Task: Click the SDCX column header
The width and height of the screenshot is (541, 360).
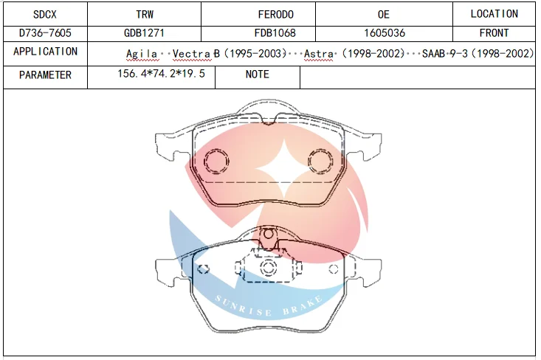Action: pos(45,14)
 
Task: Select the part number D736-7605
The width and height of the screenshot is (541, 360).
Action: pos(45,32)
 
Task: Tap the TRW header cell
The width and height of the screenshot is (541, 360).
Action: pos(144,14)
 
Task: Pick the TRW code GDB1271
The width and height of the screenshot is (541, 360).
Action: pos(144,32)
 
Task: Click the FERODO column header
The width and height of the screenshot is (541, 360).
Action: pos(275,14)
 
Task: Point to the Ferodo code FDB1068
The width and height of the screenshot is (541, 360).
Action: pos(275,32)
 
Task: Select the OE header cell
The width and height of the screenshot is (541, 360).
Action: pos(384,14)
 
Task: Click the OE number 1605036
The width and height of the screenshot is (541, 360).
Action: pos(384,32)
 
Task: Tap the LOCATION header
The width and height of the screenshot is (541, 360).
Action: pos(494,14)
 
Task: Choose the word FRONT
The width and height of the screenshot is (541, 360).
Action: pos(494,32)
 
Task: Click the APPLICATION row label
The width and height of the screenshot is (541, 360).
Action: pos(45,52)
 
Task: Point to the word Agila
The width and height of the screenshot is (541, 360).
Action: pos(142,54)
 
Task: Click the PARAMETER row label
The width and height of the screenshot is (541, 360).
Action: pos(45,75)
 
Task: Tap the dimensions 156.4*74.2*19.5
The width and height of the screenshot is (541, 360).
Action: pos(161,75)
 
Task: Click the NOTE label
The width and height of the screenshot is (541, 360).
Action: pos(257,75)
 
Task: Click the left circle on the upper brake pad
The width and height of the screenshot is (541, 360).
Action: pos(217,160)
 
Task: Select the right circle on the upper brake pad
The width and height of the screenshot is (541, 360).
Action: pos(321,160)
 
